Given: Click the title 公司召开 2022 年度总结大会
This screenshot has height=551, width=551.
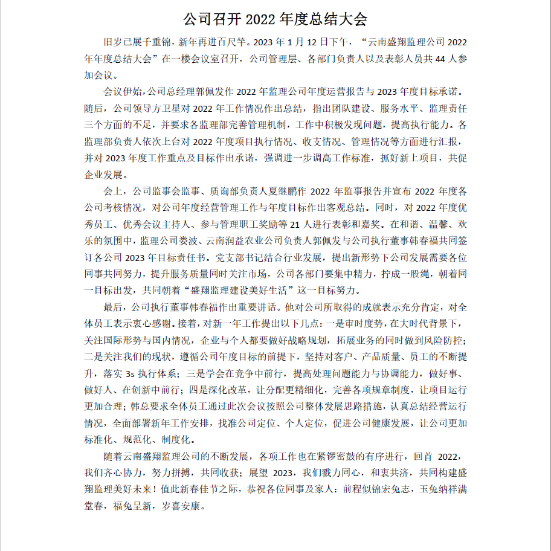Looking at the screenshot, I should pos(275,20).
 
